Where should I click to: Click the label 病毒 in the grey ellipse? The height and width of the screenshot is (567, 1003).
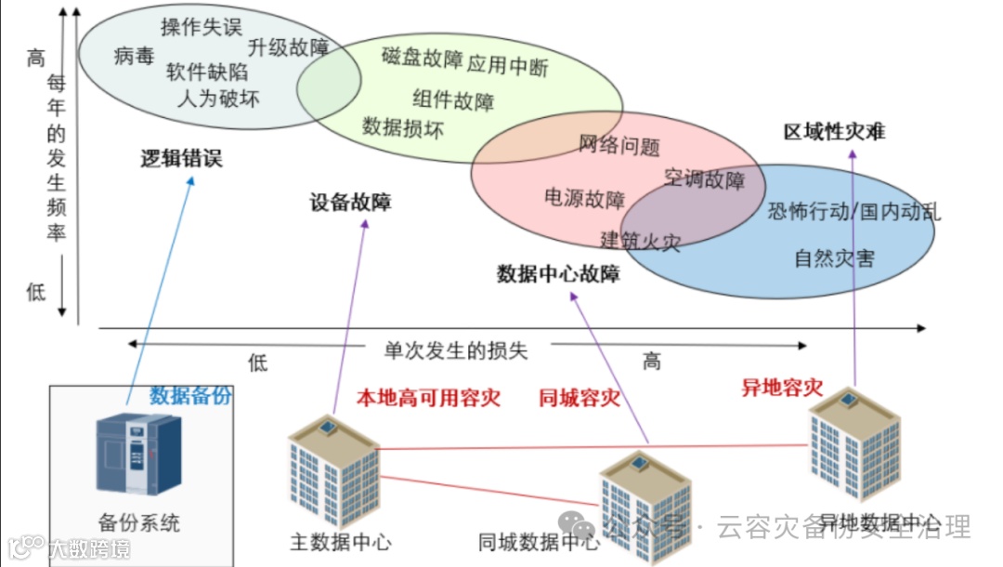point(134,57)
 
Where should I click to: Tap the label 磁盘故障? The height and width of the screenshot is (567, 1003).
point(422,58)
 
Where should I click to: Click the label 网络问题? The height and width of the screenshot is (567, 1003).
point(619,146)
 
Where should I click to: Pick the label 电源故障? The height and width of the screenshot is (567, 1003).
point(584,198)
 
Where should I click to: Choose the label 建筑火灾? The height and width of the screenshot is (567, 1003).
point(641,242)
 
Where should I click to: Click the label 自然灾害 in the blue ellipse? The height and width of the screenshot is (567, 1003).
point(834,258)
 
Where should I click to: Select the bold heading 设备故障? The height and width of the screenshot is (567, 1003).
point(350,203)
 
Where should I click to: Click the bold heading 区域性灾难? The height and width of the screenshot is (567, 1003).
point(835,132)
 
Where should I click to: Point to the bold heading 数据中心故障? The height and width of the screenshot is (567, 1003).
point(558,274)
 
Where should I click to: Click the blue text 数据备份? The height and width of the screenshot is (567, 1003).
point(191,395)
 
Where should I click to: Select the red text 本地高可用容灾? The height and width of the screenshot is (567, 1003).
point(429,399)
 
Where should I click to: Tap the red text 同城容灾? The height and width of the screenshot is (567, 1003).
point(580,399)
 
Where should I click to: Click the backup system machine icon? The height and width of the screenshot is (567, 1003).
point(139,453)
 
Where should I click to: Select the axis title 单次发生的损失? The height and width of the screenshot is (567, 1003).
point(456,350)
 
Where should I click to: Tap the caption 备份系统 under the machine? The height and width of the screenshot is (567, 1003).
point(139,522)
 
